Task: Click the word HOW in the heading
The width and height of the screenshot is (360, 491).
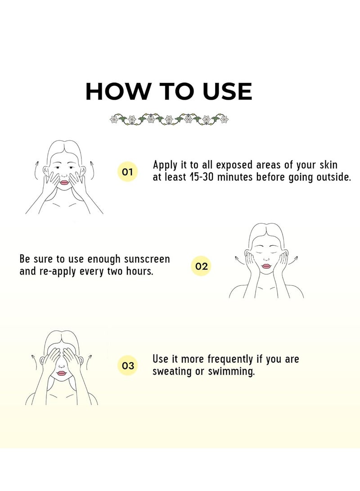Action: [117, 91]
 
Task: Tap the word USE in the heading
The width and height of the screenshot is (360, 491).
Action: [227, 91]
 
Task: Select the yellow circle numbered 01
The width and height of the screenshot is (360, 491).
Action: [127, 171]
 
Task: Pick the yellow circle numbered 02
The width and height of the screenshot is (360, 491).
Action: [201, 266]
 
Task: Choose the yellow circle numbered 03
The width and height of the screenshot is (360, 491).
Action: [128, 365]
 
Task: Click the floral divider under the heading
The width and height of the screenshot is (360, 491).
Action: [169, 119]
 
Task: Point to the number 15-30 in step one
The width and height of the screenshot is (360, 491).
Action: [202, 177]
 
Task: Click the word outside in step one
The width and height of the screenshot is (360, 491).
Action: [334, 177]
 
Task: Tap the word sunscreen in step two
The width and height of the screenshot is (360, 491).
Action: [147, 259]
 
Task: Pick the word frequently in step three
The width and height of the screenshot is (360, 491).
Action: [230, 359]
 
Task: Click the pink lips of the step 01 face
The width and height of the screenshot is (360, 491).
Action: [64, 182]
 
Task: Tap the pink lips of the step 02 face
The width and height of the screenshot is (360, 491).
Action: [266, 266]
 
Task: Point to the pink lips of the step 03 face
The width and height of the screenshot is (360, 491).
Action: [62, 373]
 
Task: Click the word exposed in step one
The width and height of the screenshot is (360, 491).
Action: [234, 165]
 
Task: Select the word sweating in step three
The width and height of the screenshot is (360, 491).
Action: [172, 372]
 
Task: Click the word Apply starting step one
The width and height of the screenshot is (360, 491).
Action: [165, 165]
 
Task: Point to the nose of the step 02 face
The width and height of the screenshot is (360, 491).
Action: [266, 259]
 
